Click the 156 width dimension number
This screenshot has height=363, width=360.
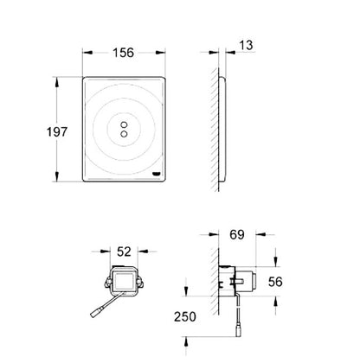123,53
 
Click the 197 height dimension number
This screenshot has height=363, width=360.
57,132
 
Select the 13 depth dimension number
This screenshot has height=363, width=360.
246,45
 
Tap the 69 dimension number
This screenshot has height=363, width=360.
237,234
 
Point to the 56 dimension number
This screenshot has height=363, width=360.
275,282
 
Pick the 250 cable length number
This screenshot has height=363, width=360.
185,316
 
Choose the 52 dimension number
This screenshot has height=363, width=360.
124,252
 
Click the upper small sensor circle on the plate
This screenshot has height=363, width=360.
124,124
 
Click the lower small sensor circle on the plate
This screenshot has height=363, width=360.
124,134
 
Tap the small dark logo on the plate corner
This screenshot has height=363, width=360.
157,174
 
